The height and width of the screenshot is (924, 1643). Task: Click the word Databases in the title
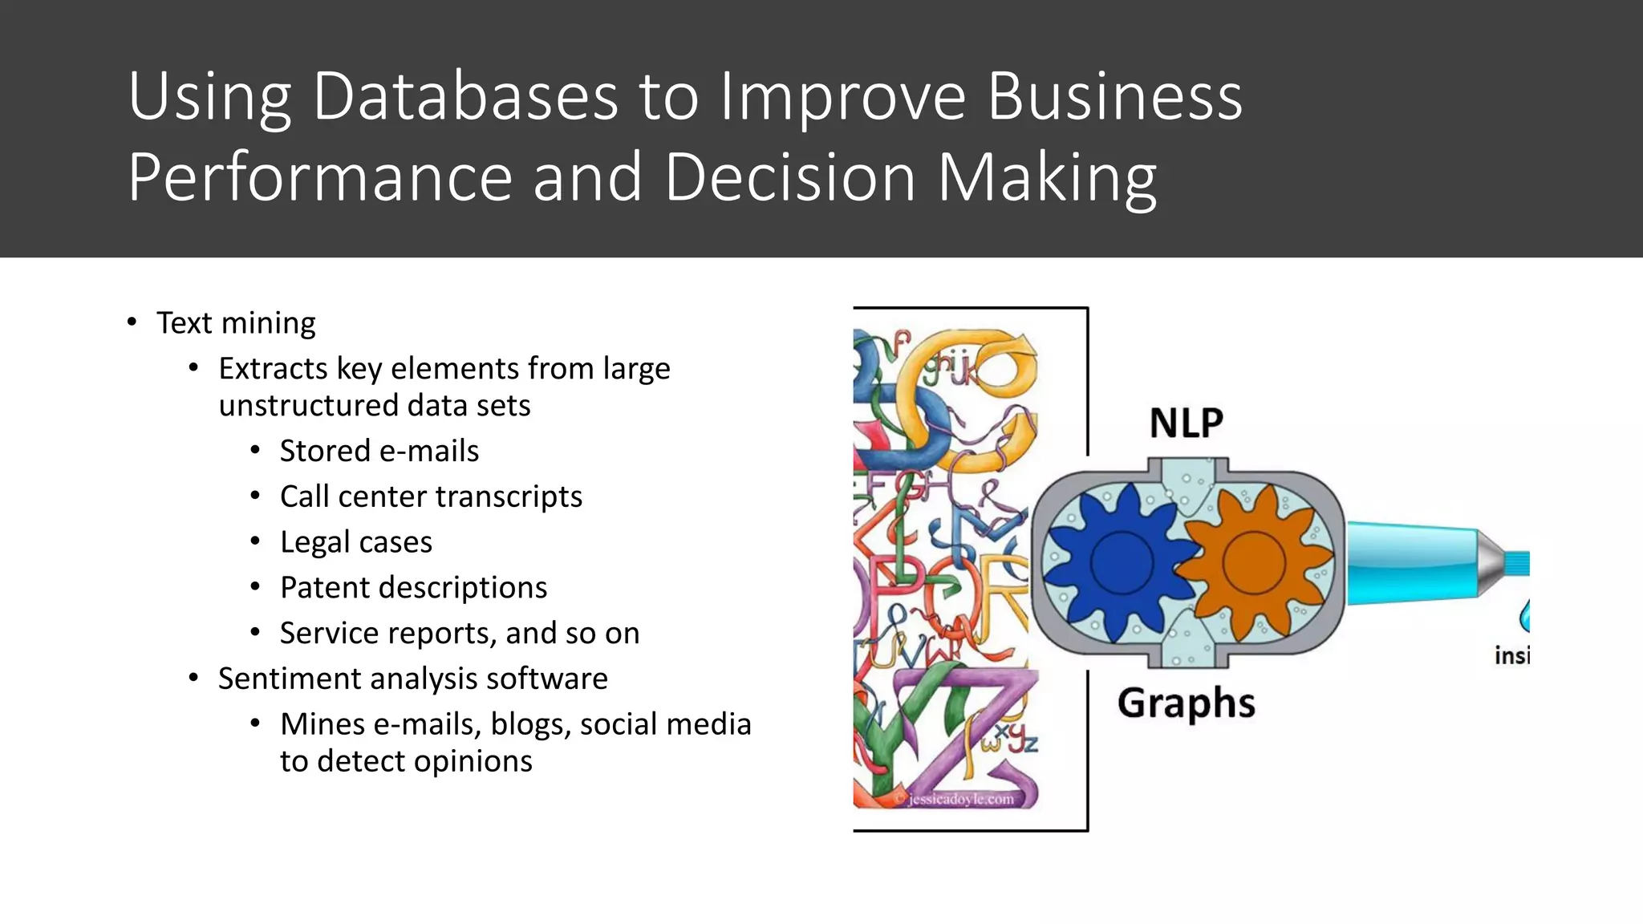[x=465, y=96]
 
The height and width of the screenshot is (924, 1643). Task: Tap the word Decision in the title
[x=789, y=177]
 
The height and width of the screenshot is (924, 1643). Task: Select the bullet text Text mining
[x=236, y=323]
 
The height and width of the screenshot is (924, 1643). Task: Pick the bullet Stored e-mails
[x=379, y=452]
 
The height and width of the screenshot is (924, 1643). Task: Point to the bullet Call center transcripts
[x=431, y=497]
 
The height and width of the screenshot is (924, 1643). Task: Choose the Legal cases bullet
[x=355, y=543]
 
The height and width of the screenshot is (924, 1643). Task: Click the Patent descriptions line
[x=413, y=588]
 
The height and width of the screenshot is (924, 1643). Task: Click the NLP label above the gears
[x=1186, y=423]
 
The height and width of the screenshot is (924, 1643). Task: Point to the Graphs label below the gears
[x=1186, y=703]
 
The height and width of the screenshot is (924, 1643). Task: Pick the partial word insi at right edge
[x=1511, y=656]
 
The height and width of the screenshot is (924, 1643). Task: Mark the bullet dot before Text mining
[x=132, y=322]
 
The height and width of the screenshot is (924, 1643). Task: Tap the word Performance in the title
[x=319, y=177]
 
